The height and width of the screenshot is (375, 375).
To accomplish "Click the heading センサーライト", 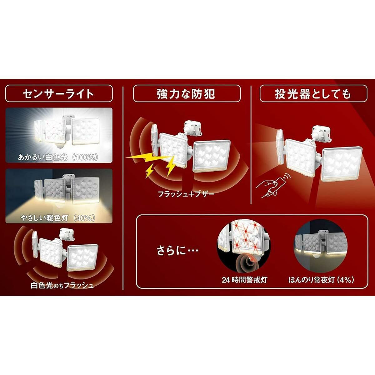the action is point(58,94).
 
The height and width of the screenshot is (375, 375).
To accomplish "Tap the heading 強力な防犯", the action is point(186,94).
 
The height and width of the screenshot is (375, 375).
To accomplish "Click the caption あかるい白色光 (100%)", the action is point(58,157).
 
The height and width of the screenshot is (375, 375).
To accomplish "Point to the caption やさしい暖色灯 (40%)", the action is point(58,218).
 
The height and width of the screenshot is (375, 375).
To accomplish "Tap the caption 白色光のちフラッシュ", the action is point(62,286).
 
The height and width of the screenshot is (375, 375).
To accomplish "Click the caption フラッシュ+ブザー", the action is point(186,194).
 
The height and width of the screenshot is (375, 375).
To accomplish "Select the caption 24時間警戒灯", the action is point(244,280).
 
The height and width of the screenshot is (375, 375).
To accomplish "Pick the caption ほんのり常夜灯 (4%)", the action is point(321,280).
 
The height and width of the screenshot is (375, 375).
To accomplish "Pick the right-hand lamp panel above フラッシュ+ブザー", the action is point(212,156).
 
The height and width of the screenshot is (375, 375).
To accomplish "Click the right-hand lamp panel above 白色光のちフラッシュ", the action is point(83,258).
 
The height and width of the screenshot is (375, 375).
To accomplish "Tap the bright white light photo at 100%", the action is point(59,135).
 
